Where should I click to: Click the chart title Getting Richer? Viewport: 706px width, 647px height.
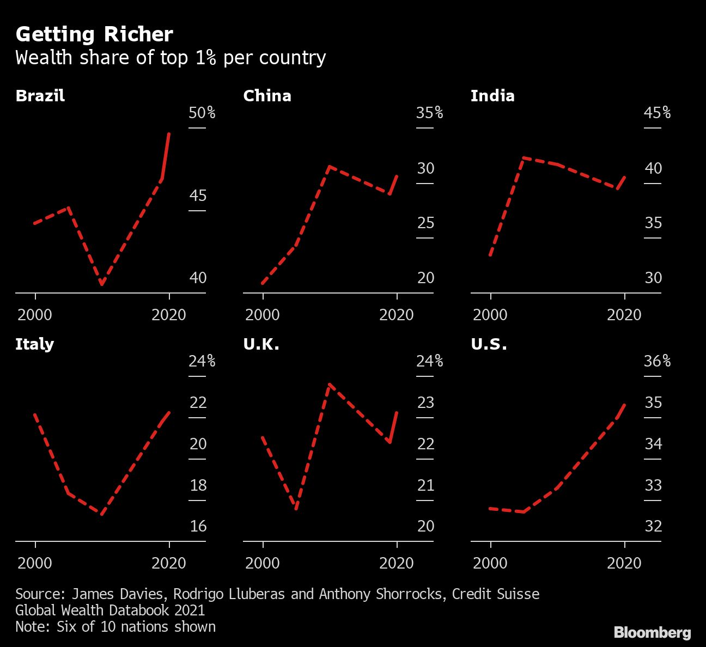(x=94, y=35)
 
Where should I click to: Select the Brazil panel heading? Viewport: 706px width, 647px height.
(x=40, y=96)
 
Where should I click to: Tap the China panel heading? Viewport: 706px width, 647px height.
(x=267, y=96)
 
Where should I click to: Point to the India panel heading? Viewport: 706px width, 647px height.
(x=492, y=96)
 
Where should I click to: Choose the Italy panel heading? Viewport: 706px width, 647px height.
(x=34, y=344)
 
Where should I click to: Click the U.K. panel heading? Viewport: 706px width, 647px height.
(x=261, y=344)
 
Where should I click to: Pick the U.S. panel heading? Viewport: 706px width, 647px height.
(x=489, y=344)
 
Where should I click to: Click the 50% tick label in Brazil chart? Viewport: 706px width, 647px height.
(x=202, y=113)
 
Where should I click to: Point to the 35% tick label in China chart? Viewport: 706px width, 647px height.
(x=429, y=113)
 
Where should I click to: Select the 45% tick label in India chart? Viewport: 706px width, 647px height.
(x=657, y=113)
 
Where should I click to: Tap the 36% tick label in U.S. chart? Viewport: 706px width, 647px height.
(x=657, y=361)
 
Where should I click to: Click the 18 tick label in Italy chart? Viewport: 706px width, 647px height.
(x=198, y=485)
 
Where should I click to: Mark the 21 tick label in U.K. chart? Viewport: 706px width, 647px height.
(x=425, y=485)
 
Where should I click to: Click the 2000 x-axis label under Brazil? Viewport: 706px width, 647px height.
(x=35, y=315)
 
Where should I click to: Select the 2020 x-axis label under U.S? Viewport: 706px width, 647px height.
(x=624, y=563)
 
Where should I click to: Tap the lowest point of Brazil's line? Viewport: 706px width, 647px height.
(x=101, y=284)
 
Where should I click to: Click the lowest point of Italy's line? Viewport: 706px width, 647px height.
(x=102, y=514)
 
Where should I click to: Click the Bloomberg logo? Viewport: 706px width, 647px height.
(x=652, y=632)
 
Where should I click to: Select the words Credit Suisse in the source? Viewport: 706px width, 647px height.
(x=496, y=594)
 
